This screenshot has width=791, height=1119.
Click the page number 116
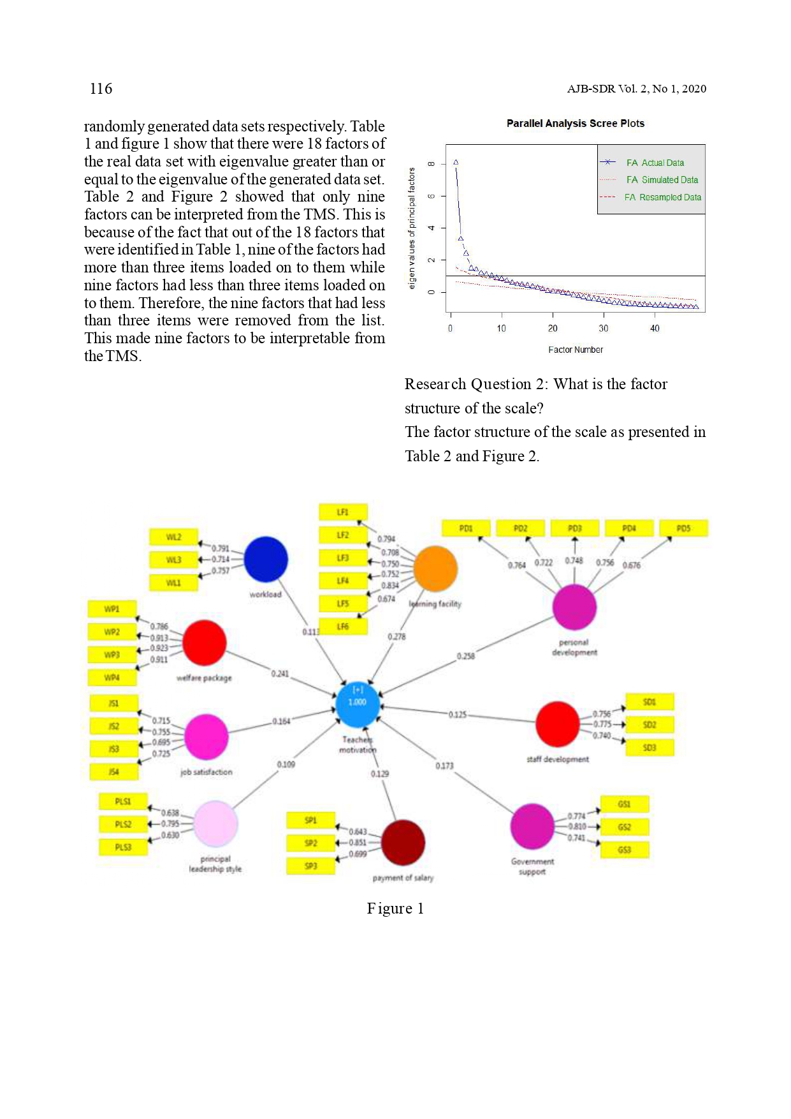pyautogui.click(x=101, y=89)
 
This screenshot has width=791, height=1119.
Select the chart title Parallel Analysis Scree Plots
pyautogui.click(x=575, y=123)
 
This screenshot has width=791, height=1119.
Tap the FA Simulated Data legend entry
pyautogui.click(x=662, y=180)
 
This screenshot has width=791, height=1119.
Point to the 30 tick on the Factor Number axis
pyautogui.click(x=603, y=328)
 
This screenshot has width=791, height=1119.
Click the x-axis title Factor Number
pyautogui.click(x=575, y=350)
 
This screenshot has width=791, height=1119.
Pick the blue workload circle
pyautogui.click(x=265, y=559)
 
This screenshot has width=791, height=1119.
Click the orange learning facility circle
pyautogui.click(x=435, y=568)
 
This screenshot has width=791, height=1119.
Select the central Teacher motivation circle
pyautogui.click(x=358, y=704)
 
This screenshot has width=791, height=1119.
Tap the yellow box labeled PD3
pyautogui.click(x=575, y=528)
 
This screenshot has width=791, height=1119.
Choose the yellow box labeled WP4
pyautogui.click(x=112, y=678)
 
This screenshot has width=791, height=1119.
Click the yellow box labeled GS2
pyautogui.click(x=624, y=827)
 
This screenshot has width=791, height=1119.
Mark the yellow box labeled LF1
pyautogui.click(x=343, y=512)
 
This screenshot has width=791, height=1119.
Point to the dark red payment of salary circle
pyautogui.click(x=403, y=842)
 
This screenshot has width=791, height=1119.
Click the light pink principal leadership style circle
pyautogui.click(x=215, y=824)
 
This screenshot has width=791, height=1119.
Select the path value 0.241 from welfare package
pyautogui.click(x=280, y=674)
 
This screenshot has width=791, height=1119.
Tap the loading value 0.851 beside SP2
pyautogui.click(x=358, y=842)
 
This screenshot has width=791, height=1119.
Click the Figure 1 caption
pyautogui.click(x=395, y=908)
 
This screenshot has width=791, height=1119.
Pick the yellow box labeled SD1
pyautogui.click(x=649, y=702)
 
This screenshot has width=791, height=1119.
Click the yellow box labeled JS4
pyautogui.click(x=113, y=772)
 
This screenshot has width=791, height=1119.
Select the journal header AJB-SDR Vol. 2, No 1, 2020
pyautogui.click(x=636, y=89)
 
